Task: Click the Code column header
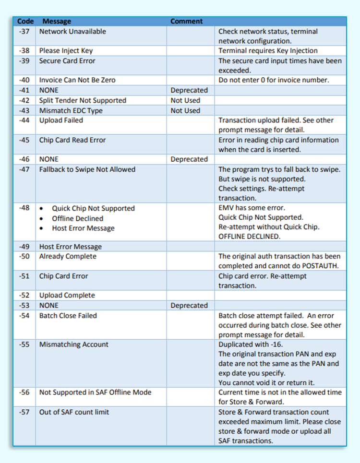pyautogui.click(x=25, y=21)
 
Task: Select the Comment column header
pyautogui.click(x=187, y=21)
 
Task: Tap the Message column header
pyautogui.click(x=57, y=21)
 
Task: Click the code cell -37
pyautogui.click(x=24, y=32)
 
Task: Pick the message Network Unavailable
pyautogui.click(x=72, y=32)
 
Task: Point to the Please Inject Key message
pyautogui.click(x=66, y=51)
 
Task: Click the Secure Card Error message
pyautogui.click(x=67, y=61)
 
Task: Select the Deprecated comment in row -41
pyautogui.click(x=189, y=90)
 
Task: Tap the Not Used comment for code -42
pyautogui.click(x=185, y=100)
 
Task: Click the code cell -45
pyautogui.click(x=24, y=140)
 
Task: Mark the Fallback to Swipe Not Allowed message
pyautogui.click(x=87, y=169)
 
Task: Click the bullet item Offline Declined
pyautogui.click(x=77, y=218)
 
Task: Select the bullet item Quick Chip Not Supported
pyautogui.click(x=93, y=209)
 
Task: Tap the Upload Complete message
pyautogui.click(x=67, y=296)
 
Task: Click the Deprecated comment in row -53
pyautogui.click(x=189, y=306)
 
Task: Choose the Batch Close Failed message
pyautogui.click(x=68, y=316)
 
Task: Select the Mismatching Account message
pyautogui.click(x=74, y=344)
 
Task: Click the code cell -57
pyautogui.click(x=24, y=412)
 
